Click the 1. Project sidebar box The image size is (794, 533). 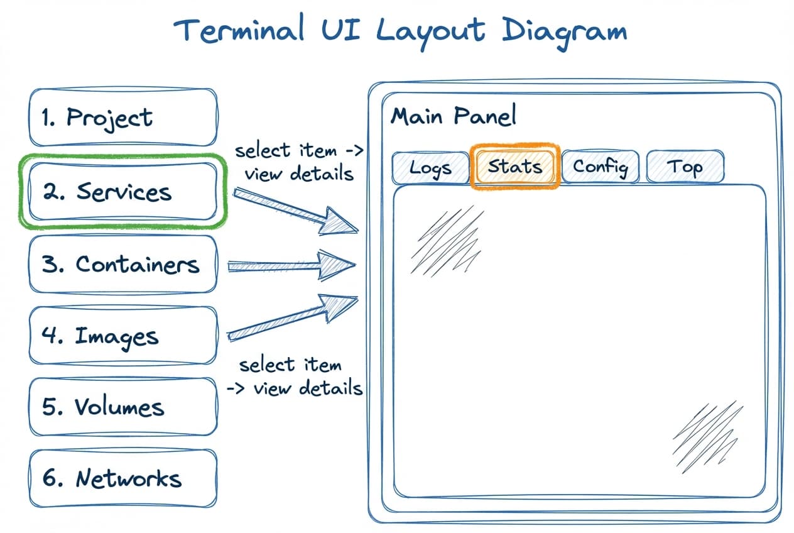tap(123, 118)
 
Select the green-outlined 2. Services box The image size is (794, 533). tap(123, 192)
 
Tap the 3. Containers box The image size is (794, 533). tap(123, 264)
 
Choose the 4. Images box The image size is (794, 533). tap(123, 336)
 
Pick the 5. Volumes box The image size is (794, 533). tap(123, 407)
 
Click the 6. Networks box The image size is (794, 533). tap(123, 478)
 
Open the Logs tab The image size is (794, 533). tap(430, 168)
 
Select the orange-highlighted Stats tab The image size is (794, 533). tap(514, 167)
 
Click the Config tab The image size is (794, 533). tap(600, 167)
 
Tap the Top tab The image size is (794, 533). tap(685, 167)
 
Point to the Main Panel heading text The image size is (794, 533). tap(454, 116)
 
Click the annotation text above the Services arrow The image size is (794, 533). tap(298, 162)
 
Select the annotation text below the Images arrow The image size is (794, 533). tap(295, 376)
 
